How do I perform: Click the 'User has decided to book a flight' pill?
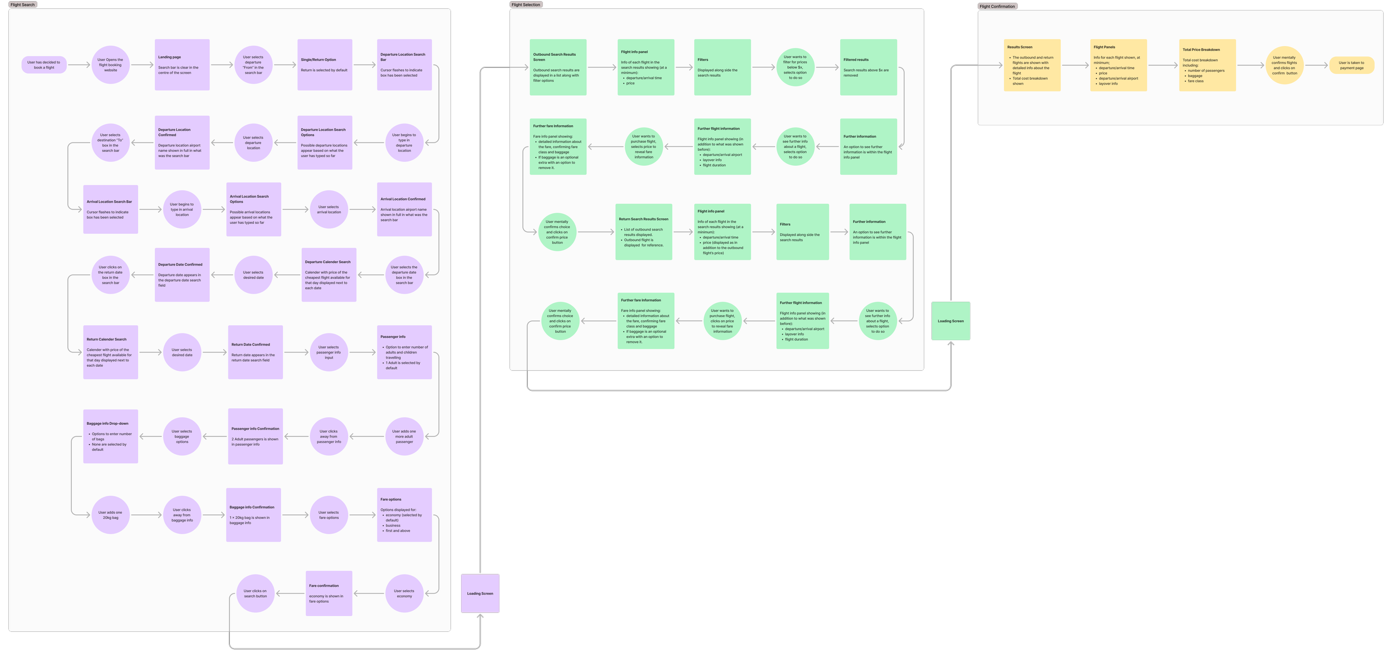click(x=44, y=65)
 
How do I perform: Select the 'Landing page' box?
click(x=182, y=65)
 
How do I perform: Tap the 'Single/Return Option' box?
click(x=325, y=65)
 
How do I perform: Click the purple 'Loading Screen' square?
click(x=480, y=593)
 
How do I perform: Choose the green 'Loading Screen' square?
click(x=950, y=321)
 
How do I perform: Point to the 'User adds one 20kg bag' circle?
click(x=110, y=515)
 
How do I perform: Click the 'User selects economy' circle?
click(x=404, y=593)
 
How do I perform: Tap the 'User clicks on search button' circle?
click(x=255, y=593)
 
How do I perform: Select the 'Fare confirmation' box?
click(x=329, y=593)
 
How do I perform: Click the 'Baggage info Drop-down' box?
click(x=110, y=436)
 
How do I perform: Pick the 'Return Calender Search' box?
click(x=110, y=352)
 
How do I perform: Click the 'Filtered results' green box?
click(x=868, y=67)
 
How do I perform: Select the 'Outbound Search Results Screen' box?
click(x=558, y=67)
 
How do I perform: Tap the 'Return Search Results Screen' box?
click(x=644, y=232)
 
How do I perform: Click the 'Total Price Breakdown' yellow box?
click(x=1207, y=65)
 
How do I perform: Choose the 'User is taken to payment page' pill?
click(x=1351, y=65)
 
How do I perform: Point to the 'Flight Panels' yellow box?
click(x=1118, y=65)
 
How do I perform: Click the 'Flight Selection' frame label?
click(x=526, y=4)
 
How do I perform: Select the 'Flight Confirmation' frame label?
click(x=997, y=6)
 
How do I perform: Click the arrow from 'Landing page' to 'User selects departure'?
click(x=222, y=65)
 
